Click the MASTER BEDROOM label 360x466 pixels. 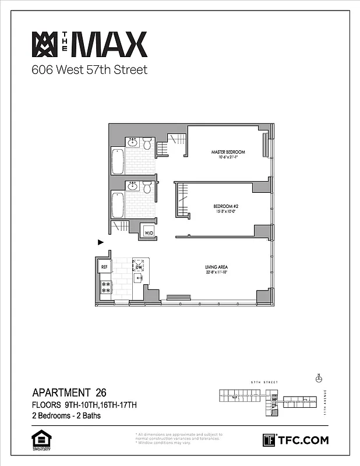click(228, 152)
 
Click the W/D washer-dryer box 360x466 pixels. click(149, 232)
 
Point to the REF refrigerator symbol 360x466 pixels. click(105, 267)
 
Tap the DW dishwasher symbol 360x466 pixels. click(139, 267)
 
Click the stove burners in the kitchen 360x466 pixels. click(106, 286)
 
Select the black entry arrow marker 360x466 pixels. click(100, 242)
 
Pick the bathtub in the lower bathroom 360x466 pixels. click(117, 204)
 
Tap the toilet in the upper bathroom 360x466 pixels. click(147, 143)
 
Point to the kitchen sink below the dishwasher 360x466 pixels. click(139, 278)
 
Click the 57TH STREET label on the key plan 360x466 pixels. click(262, 383)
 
